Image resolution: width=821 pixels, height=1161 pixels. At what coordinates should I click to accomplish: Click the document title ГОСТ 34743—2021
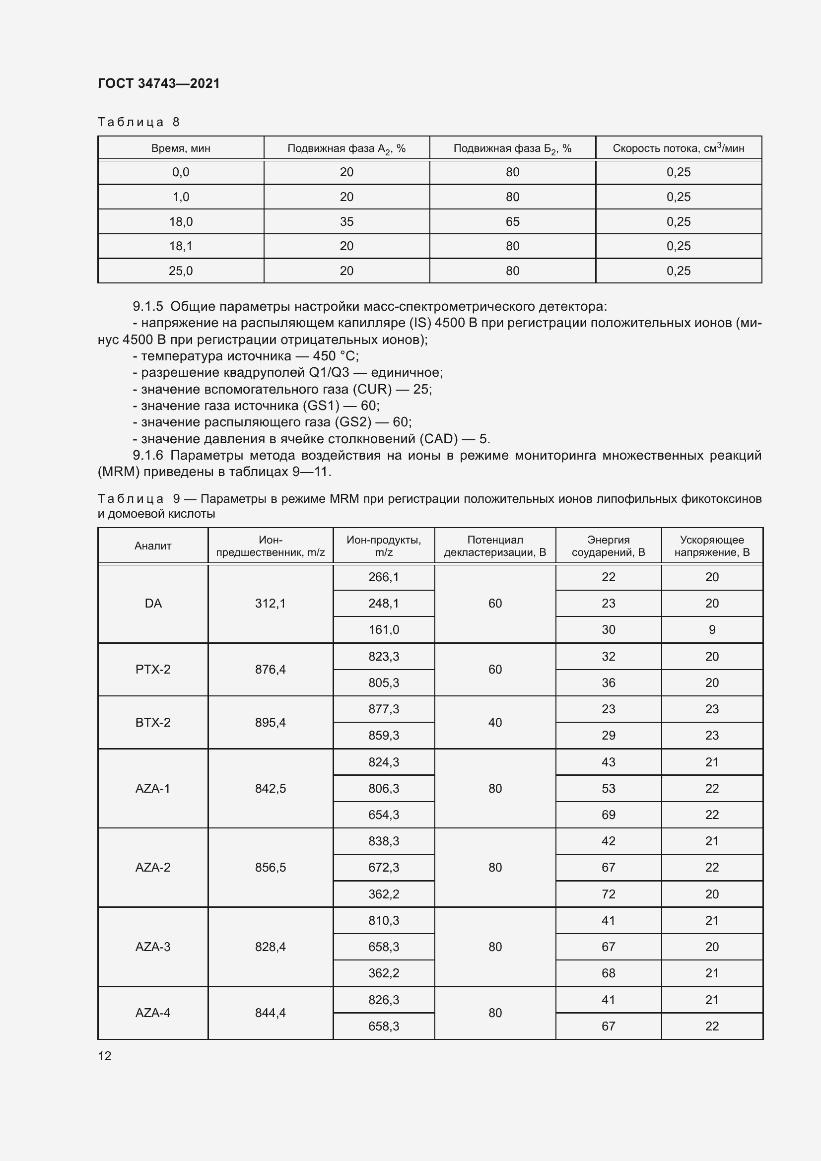(159, 83)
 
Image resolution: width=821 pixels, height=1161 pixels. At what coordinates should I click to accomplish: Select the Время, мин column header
(181, 148)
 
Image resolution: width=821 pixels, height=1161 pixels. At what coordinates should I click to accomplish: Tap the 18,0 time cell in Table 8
(181, 221)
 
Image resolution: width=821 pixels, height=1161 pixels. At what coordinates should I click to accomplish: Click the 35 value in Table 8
(346, 221)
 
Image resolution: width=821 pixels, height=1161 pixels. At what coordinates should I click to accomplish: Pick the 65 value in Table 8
(512, 221)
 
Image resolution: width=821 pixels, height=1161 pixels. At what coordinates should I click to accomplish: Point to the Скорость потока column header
(678, 148)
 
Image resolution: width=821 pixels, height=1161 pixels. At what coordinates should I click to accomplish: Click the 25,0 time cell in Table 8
(181, 271)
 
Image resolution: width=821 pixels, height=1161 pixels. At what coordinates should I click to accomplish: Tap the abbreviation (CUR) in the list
(372, 389)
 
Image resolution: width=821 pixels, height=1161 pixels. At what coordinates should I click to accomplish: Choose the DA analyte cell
(153, 603)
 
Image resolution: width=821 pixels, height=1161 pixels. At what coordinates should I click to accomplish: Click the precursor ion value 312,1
(270, 603)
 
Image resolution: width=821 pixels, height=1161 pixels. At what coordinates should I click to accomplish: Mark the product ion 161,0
(383, 629)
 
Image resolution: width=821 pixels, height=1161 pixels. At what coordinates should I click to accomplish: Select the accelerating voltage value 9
(712, 629)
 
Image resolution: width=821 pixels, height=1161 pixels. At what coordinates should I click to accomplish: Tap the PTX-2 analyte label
(153, 670)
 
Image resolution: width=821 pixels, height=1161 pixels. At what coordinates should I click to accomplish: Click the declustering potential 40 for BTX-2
(495, 722)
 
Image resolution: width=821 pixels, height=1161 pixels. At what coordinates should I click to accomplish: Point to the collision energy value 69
(608, 815)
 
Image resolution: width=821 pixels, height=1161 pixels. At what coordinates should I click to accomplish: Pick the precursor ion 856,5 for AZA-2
(270, 867)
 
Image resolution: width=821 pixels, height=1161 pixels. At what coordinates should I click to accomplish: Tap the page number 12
(105, 1056)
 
